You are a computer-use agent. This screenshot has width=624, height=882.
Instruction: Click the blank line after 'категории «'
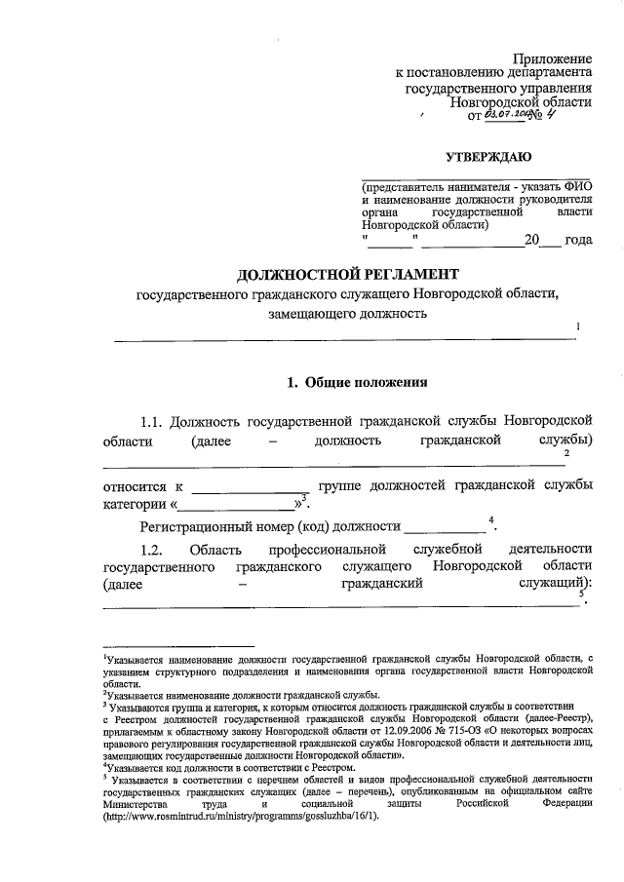pyautogui.click(x=238, y=505)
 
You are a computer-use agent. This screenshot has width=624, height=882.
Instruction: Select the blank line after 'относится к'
pyautogui.click(x=250, y=485)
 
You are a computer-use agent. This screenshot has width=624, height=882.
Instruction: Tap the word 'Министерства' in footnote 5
pyautogui.click(x=139, y=804)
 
